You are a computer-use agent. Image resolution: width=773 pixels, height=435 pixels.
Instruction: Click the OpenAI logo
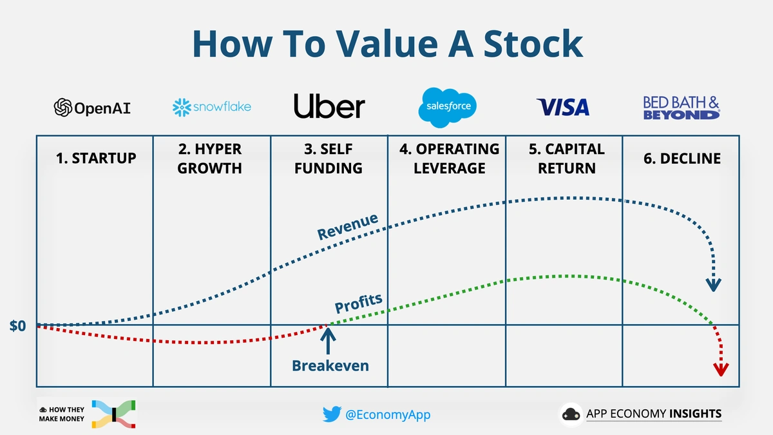coord(93,107)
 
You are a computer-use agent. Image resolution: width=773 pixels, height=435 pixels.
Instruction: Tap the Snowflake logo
coord(212,107)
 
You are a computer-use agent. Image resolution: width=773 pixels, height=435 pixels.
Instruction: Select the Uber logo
coord(329,106)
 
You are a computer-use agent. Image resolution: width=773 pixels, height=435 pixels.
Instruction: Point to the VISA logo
coord(563,107)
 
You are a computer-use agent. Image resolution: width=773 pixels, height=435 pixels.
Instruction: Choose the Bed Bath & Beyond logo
coord(681,108)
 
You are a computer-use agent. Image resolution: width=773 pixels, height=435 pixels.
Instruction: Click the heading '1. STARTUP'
coord(96,158)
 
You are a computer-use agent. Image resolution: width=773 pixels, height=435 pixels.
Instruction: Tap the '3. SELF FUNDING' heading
coord(329,159)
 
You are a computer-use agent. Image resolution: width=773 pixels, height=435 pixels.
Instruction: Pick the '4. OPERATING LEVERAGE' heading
coord(448,159)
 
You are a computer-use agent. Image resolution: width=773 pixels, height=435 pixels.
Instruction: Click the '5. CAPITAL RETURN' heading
coord(566,159)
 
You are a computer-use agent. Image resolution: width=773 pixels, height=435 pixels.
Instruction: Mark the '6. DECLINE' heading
coord(682,159)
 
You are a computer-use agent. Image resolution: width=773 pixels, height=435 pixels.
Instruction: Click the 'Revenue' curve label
coord(347,226)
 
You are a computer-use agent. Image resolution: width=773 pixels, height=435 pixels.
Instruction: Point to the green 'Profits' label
coord(358,303)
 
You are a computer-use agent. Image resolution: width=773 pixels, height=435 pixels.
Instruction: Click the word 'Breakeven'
coord(330,366)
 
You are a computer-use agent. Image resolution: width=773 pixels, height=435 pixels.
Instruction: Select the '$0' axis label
coord(18,326)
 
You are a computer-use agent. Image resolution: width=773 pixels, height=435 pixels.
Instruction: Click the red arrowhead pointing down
coord(720,369)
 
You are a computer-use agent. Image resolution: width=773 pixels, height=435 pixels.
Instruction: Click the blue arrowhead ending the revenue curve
coord(714,285)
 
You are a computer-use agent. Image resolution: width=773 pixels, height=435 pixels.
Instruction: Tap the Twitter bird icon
coord(332,414)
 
